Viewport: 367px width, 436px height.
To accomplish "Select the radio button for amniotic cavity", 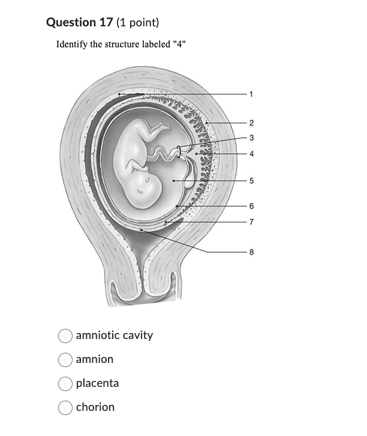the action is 65,335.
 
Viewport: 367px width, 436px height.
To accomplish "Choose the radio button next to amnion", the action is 65,359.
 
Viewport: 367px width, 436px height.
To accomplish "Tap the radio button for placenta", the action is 65,383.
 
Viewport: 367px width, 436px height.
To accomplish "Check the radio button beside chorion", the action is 65,407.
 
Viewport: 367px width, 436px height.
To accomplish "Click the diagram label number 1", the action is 252,94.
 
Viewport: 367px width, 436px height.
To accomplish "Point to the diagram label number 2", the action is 252,123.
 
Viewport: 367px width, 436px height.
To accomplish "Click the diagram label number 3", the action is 252,138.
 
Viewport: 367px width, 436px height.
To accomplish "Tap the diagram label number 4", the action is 252,154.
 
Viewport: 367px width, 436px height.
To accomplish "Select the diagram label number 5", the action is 252,180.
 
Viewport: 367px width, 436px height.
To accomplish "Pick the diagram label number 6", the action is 252,206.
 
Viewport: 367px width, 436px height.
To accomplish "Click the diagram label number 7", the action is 252,222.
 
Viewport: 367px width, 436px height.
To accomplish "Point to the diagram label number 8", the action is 252,252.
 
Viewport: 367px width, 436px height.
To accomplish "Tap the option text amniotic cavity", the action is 114,335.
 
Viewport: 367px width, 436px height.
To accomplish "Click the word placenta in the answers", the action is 97,383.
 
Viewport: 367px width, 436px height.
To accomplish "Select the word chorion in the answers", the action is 95,407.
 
